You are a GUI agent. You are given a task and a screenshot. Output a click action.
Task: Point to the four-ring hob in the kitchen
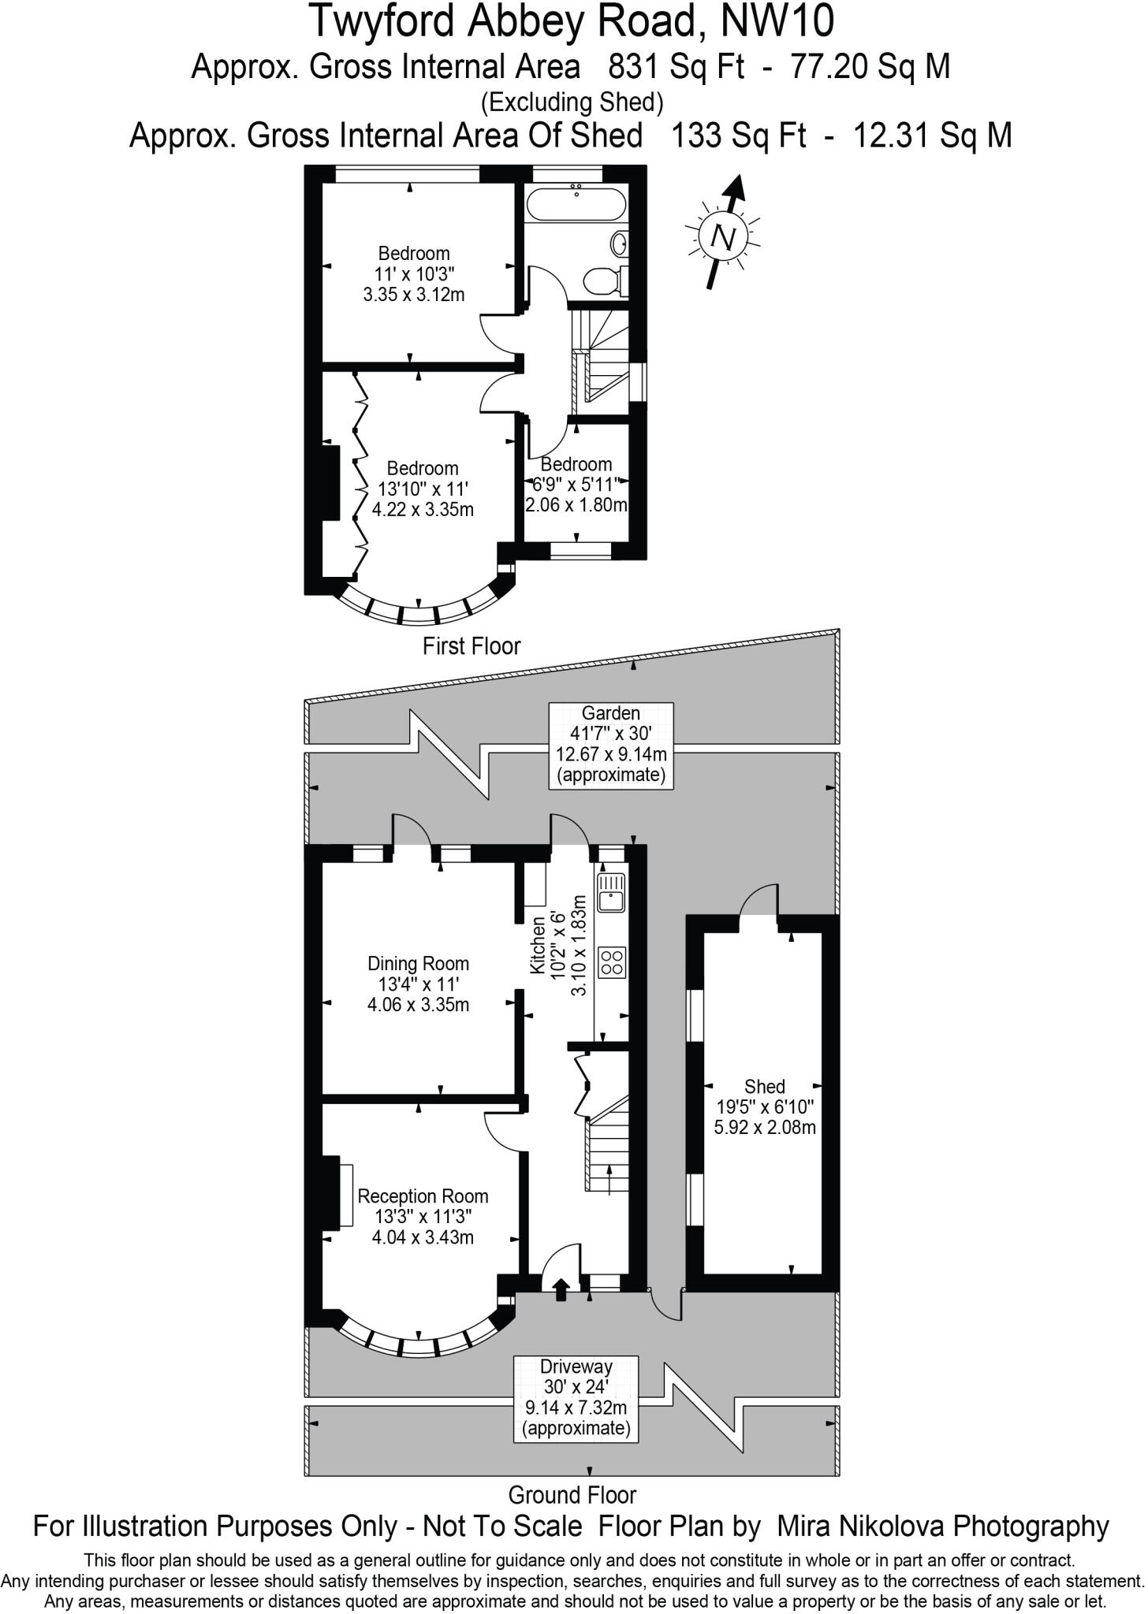[x=612, y=961]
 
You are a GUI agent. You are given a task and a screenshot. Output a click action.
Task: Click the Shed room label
[x=764, y=1106]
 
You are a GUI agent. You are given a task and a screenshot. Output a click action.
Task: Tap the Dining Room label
[x=418, y=984]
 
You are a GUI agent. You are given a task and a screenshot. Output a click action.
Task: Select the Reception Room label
[x=423, y=1216]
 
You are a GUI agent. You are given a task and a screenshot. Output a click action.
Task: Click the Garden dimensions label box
[x=611, y=745]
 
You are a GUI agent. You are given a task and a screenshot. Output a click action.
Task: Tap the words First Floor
[x=471, y=646]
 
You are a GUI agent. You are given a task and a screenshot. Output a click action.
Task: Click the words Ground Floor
[x=572, y=1494]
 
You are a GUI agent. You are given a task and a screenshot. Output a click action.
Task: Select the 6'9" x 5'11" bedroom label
[x=576, y=485]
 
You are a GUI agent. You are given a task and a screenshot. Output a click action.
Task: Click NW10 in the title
[x=777, y=21]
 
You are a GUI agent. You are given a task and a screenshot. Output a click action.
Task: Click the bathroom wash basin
[x=620, y=243]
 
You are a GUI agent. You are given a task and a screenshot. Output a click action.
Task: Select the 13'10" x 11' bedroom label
[x=423, y=489]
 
